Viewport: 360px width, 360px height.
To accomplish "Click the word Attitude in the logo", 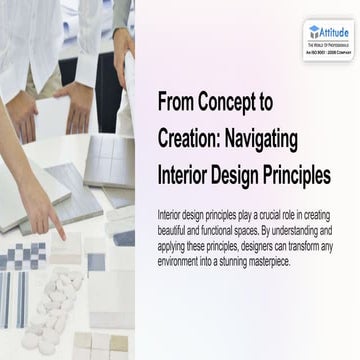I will click(x=335, y=31).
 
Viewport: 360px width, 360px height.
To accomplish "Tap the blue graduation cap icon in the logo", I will click(x=314, y=31).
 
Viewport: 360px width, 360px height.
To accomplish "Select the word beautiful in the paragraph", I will click(x=178, y=227).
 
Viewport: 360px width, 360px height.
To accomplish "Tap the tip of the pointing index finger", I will click(x=61, y=238).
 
